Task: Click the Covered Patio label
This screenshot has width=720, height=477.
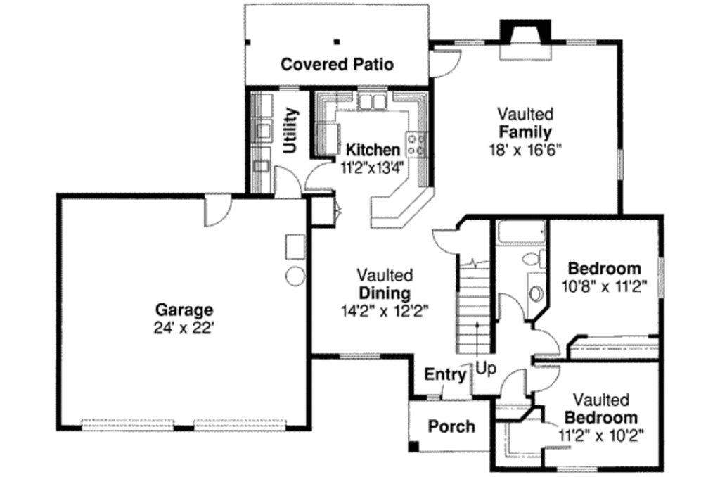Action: [x=337, y=65]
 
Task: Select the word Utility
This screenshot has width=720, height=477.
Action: [x=290, y=131]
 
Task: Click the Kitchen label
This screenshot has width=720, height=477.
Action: [x=373, y=149]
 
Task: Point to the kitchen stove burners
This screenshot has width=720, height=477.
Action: [x=416, y=144]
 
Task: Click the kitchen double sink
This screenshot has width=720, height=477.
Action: [x=372, y=103]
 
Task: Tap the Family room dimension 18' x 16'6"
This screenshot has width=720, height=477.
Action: [x=525, y=149]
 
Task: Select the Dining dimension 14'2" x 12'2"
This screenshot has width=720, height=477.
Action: [x=384, y=310]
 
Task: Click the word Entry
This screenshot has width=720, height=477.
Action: [x=445, y=375]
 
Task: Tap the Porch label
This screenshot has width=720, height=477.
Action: [x=451, y=426]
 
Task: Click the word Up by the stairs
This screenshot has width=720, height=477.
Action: [x=485, y=367]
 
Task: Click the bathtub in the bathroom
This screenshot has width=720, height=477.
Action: [x=520, y=231]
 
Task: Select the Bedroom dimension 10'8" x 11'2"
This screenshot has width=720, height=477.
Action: [x=604, y=286]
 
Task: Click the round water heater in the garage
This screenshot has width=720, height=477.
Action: [x=295, y=276]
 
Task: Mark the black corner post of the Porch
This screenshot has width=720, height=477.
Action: [x=414, y=445]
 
